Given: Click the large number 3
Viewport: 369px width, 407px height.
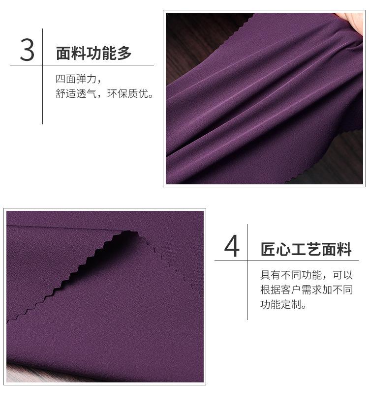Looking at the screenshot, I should pyautogui.click(x=28, y=50).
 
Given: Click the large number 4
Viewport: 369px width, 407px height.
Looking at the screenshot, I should pyautogui.click(x=232, y=247).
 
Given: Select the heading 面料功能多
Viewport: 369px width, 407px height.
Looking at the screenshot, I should pyautogui.click(x=94, y=53).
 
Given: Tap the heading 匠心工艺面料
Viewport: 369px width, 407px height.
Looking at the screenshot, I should pyautogui.click(x=306, y=250).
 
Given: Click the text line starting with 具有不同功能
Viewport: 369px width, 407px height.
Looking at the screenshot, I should pyautogui.click(x=306, y=275).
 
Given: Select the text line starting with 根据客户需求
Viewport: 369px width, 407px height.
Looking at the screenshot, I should pyautogui.click(x=306, y=290).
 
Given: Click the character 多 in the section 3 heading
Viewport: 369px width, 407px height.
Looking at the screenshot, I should pyautogui.click(x=124, y=53).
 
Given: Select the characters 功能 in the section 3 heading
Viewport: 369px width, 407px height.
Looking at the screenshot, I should pyautogui.click(x=101, y=53).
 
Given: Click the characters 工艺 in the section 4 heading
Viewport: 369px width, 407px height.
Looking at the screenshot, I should pyautogui.click(x=306, y=250).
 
